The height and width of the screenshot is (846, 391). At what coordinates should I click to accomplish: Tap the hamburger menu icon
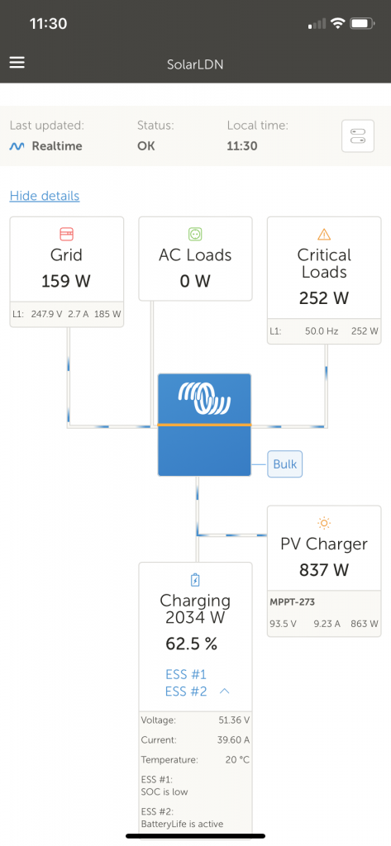pos(17,64)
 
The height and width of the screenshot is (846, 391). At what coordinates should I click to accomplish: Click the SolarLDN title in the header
pos(195,64)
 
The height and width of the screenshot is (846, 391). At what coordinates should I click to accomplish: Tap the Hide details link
pos(45,196)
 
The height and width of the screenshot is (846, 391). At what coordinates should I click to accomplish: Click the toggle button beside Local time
pos(357,136)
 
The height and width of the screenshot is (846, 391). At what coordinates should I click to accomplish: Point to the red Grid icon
pos(66,234)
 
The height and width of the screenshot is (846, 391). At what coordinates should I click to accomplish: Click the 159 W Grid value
pos(66,281)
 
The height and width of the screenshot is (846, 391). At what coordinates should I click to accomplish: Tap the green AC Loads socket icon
pos(195,234)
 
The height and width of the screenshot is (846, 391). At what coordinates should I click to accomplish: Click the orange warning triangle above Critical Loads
pos(324,234)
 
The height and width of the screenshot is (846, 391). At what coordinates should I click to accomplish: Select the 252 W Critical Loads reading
pos(324,298)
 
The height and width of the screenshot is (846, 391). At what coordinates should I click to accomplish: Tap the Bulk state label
pos(284,464)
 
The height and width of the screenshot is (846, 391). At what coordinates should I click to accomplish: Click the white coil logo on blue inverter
pos(203,398)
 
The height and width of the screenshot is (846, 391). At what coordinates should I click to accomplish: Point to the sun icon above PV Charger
pos(324,523)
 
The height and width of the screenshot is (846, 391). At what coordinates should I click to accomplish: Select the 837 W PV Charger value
pos(324,569)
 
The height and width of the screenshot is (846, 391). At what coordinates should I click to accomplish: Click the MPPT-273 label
pos(293,602)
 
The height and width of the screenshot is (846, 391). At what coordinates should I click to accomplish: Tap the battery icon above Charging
pos(195,580)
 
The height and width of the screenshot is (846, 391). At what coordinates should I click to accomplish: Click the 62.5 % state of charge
pos(195,644)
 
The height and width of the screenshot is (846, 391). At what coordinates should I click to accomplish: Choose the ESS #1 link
pos(186,674)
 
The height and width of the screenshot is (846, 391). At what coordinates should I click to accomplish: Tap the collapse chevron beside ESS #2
pos(224,692)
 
